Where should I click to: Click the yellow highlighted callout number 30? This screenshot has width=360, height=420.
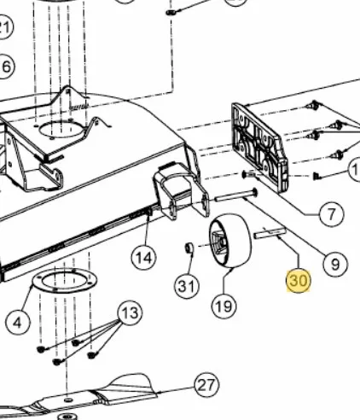tap(298, 281)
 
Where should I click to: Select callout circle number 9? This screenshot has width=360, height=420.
tap(335, 265)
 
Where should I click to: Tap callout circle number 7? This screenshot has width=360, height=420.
tap(332, 214)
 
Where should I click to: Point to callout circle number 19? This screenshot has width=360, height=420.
tap(224, 306)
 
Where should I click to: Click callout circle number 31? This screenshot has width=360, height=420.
tap(187, 286)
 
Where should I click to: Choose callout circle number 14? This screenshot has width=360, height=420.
tap(144, 258)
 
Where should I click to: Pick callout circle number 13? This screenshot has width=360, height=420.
tap(131, 312)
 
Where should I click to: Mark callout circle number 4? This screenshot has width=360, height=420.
tap(17, 323)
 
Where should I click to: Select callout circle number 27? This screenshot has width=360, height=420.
tap(206, 385)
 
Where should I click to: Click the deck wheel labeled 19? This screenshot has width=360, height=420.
tap(230, 241)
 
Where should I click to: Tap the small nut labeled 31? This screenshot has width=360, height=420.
tap(189, 248)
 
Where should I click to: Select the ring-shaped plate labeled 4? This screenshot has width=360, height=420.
tap(65, 280)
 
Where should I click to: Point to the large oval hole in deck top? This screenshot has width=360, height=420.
tap(61, 130)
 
